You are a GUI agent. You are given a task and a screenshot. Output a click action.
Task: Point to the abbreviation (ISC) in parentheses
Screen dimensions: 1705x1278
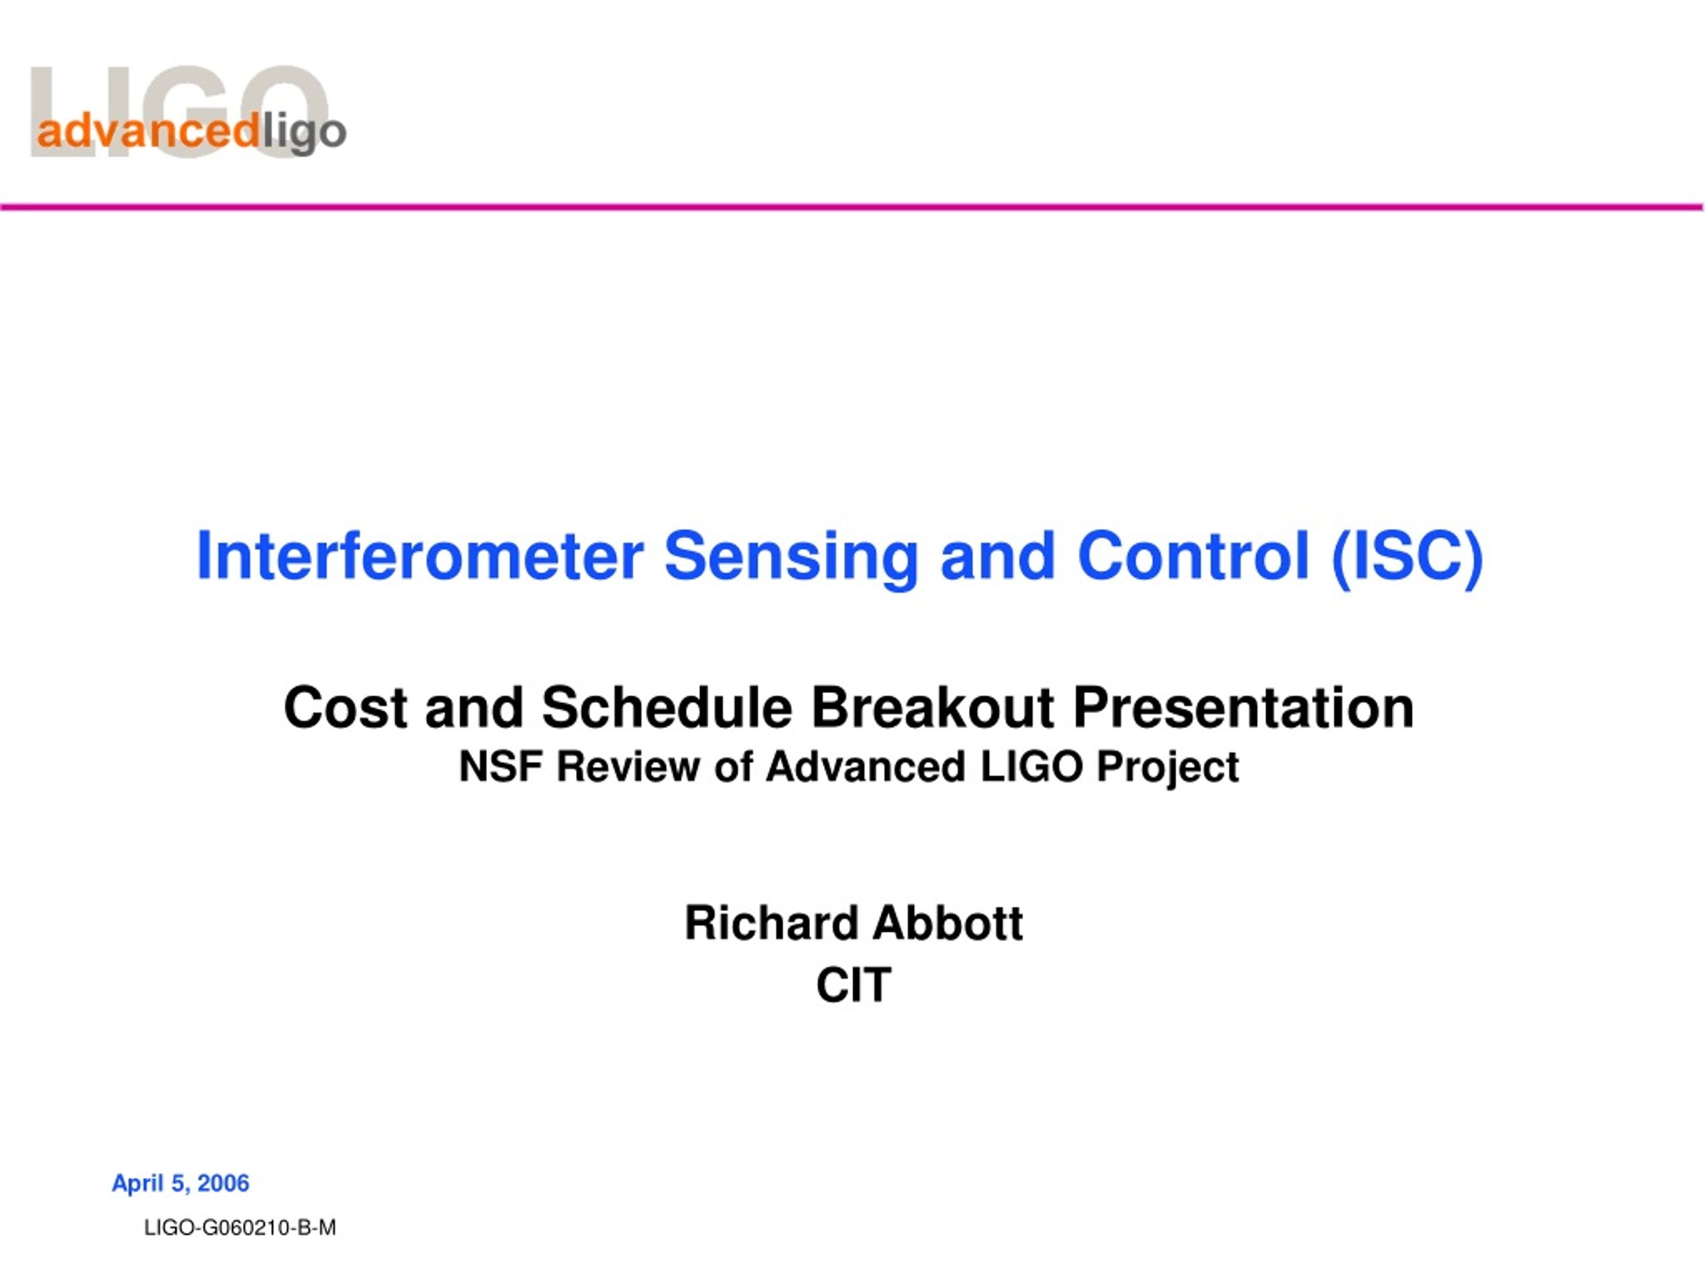tap(1407, 558)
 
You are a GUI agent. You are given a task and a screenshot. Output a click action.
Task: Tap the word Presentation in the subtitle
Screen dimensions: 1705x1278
tap(1243, 708)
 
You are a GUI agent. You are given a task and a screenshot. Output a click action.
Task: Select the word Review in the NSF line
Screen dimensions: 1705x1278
tap(627, 767)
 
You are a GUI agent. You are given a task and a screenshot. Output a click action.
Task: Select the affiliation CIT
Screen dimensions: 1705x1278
tap(853, 985)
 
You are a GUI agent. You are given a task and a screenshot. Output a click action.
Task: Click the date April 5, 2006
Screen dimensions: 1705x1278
tap(180, 1184)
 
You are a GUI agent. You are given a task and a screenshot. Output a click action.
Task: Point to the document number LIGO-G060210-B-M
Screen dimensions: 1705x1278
tap(240, 1228)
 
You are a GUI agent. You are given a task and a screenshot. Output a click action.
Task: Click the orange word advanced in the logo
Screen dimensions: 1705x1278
tap(147, 131)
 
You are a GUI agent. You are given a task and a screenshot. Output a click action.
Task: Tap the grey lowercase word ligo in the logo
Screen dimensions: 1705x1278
tap(303, 134)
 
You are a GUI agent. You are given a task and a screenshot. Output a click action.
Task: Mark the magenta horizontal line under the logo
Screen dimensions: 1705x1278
tap(852, 206)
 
